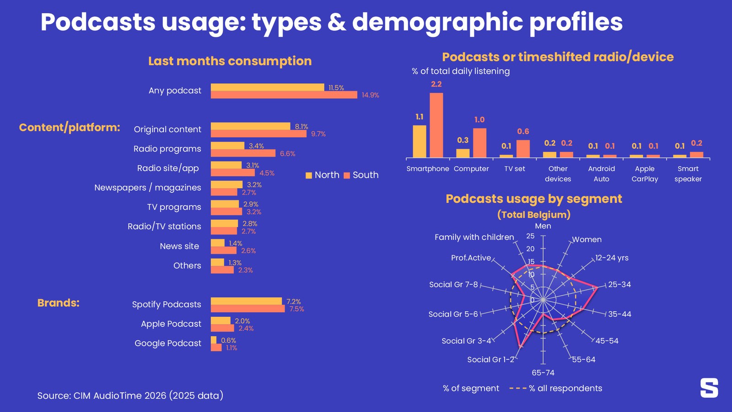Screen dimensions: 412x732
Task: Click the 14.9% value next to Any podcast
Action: (370, 95)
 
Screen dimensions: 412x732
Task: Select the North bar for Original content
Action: (250, 126)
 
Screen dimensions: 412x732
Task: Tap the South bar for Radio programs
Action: (243, 153)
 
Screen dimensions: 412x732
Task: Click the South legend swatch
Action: (347, 175)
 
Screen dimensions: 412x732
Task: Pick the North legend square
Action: (309, 175)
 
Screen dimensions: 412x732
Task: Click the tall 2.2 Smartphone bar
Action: (436, 125)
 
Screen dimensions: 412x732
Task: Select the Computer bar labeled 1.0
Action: (479, 143)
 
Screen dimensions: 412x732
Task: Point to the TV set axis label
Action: (515, 169)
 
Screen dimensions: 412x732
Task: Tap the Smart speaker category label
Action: (688, 174)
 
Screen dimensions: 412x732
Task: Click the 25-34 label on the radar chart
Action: (619, 285)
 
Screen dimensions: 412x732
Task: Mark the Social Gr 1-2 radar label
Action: (490, 360)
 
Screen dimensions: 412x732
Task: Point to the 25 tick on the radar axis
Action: (530, 236)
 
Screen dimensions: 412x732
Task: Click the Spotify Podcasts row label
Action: (167, 304)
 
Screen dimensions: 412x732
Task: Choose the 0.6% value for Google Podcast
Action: (228, 340)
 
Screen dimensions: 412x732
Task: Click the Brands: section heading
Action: (58, 303)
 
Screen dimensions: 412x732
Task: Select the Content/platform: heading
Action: (70, 127)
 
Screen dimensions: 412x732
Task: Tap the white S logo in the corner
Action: (709, 388)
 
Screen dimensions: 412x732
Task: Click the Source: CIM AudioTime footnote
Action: (130, 396)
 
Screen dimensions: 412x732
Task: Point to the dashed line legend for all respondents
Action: (518, 388)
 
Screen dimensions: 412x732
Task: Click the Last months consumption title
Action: (230, 61)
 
